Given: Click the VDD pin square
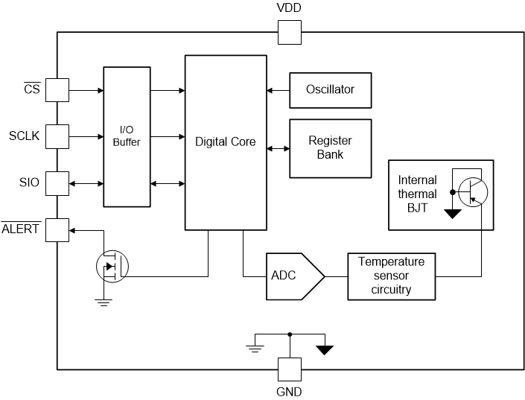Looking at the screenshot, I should coord(289,32).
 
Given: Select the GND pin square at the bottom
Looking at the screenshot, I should coord(289,369).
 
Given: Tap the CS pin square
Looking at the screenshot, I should coord(57,91).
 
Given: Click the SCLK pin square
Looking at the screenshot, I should coord(57,136).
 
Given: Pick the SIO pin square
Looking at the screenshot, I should coord(57,182).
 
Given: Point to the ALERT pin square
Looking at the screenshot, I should coord(57,229).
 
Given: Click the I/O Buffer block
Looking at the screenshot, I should coord(127,136).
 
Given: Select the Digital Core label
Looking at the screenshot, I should coord(225,142).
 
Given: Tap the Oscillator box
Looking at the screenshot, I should coord(330,89).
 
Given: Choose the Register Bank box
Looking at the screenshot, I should coord(330,147).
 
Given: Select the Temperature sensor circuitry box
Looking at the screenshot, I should coord(391,276).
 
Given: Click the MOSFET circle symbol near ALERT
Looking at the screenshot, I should coord(112,265).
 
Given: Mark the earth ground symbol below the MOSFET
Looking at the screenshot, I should coord(104,301).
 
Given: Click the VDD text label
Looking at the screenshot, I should coord(289,9).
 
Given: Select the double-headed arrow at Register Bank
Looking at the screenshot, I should coord(278,148).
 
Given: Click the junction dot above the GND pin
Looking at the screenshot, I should coord(289,334).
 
